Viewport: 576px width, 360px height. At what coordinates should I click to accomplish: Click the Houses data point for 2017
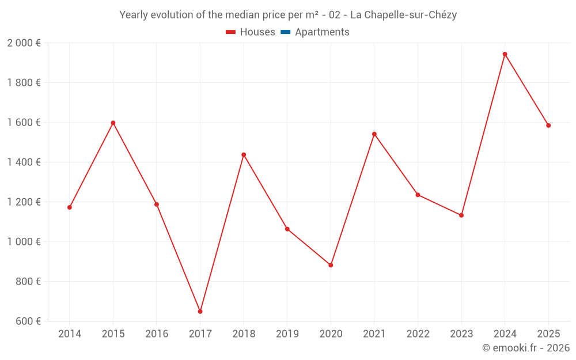200,312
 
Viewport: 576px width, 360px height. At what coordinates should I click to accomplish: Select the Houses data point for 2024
505,54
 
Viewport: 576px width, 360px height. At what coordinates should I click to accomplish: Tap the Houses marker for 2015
113,123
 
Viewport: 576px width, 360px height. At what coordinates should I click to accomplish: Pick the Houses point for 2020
331,265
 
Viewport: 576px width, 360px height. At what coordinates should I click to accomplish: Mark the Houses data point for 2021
374,134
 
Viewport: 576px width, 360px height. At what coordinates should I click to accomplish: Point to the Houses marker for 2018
244,154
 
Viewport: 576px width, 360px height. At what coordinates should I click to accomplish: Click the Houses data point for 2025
548,126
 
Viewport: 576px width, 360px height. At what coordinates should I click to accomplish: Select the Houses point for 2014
70,207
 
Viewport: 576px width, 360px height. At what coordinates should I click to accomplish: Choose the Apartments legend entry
322,32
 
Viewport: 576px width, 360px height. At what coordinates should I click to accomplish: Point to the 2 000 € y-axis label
24,43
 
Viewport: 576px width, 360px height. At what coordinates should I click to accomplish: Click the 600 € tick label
29,321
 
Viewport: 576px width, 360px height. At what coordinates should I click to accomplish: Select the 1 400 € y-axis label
24,162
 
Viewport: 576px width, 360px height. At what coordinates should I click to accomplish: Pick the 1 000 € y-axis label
24,242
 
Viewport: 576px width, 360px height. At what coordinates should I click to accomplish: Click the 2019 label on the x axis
287,334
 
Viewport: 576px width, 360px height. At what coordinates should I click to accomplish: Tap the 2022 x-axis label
418,334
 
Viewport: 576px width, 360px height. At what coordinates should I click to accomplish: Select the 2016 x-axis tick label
157,334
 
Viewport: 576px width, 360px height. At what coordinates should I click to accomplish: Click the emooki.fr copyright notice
525,348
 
